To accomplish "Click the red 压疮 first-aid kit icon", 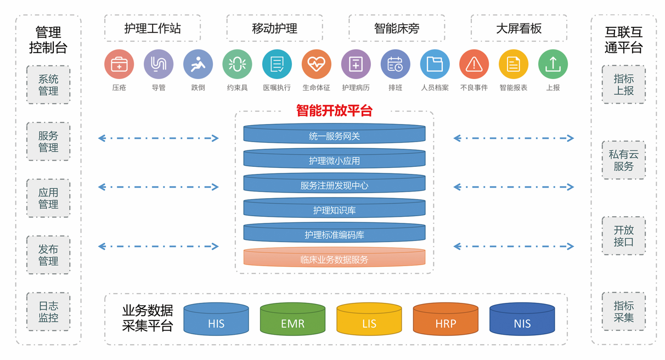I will coord(119,64).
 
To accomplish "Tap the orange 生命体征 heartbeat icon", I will coord(316,64).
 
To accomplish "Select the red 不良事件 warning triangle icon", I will coord(474,64).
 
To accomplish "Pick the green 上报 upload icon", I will coord(553,64).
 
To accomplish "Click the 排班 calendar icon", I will coord(395,64).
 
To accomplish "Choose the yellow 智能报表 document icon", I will coord(513,64).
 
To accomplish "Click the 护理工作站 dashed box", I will coord(153,29).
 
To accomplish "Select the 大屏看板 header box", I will coord(519,29).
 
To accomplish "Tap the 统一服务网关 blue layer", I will coord(334,136).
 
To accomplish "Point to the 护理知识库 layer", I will coord(334,210).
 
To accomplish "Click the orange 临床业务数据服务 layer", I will coord(334,259).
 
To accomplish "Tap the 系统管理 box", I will coord(48,85).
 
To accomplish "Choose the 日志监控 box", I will coord(48,312).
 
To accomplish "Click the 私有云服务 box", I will coord(623,160).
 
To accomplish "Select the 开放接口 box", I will coord(623,235).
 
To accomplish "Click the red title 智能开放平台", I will coord(334,110).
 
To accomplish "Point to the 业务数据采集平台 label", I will coord(148,318).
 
